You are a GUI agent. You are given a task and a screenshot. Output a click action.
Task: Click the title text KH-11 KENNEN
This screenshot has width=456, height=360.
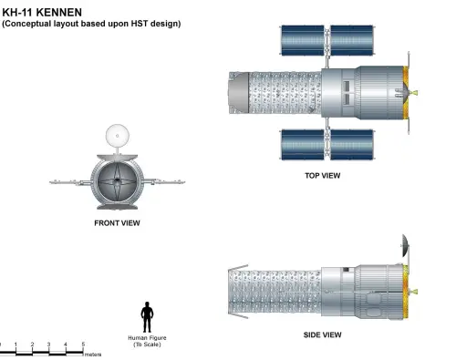(x=42, y=13)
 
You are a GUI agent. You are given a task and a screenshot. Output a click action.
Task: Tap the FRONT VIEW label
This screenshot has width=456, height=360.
(x=117, y=223)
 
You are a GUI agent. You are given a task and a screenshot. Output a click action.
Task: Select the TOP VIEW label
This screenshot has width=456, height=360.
(x=323, y=175)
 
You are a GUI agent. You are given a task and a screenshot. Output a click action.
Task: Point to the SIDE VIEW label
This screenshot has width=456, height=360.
(x=322, y=334)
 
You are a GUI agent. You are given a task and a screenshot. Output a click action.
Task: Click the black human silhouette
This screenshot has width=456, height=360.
(x=147, y=317)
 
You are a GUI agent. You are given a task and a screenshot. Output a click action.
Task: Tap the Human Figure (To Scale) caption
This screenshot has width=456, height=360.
(x=147, y=341)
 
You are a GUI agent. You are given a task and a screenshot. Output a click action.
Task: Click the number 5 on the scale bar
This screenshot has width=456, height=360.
(x=83, y=345)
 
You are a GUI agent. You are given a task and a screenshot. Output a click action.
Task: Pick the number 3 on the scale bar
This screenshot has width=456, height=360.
(x=48, y=345)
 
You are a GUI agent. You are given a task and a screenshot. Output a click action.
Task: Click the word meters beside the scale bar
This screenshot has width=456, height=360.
(x=93, y=355)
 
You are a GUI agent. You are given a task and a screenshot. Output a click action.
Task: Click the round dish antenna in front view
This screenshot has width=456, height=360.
(x=118, y=136)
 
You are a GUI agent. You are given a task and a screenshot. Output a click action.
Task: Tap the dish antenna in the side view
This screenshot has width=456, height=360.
(x=406, y=245)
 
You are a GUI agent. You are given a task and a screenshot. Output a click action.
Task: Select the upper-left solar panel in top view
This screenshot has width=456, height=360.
(x=303, y=40)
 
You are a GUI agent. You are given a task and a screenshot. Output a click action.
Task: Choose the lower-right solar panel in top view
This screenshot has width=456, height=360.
(x=352, y=145)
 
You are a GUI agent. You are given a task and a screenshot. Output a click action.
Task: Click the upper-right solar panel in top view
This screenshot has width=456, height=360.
(x=352, y=40)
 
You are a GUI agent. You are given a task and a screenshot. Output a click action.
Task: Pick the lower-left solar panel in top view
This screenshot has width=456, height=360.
(x=303, y=145)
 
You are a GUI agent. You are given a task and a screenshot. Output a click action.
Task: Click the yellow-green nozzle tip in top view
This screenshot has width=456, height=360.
(x=413, y=93)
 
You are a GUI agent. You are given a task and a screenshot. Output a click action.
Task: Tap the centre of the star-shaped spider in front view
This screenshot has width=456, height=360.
(x=117, y=181)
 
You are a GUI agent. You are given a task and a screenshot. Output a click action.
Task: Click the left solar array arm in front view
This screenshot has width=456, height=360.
(x=70, y=182)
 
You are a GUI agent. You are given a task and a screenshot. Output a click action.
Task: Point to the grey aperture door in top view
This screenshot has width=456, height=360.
(x=239, y=93)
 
